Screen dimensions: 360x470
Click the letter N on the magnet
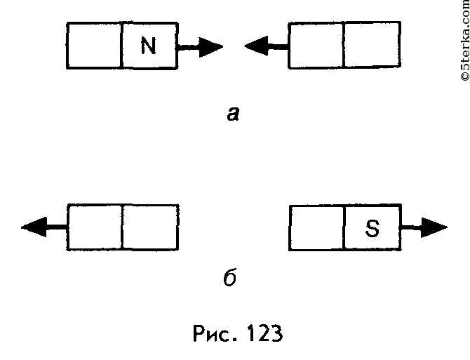pos(148,46)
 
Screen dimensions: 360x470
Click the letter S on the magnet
pos(372,229)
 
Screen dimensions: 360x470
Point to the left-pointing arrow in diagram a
pos(266,47)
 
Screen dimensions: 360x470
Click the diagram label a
pos(234,113)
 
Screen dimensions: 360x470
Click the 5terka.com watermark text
pos(462,42)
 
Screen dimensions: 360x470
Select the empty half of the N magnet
pos(95,46)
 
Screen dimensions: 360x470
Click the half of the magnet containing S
pos(372,227)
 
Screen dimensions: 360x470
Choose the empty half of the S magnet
pos(316,227)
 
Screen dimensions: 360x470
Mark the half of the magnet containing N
pos(149,46)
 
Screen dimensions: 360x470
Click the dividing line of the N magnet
pos(122,46)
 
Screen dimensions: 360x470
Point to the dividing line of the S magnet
pos(344,227)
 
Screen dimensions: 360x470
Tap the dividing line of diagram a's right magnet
pos(344,45)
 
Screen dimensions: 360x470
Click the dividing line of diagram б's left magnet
pos(122,227)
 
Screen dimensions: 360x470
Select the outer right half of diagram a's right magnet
pos(372,45)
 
